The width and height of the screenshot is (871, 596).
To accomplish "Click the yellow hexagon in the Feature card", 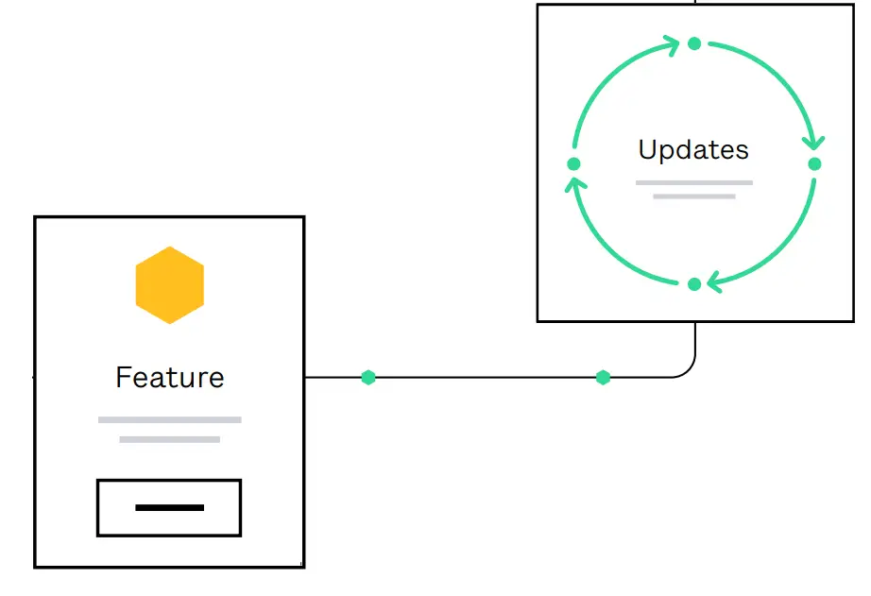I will tap(170, 285).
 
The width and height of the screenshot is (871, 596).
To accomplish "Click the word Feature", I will tap(170, 378).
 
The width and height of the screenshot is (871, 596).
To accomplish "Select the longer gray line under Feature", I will tap(170, 419).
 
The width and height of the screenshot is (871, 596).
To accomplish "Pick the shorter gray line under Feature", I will tap(170, 439).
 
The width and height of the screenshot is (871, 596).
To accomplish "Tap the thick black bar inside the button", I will tap(170, 508).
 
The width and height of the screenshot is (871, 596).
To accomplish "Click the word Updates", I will tap(693, 149).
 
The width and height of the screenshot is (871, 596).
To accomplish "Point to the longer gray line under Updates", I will tap(693, 182).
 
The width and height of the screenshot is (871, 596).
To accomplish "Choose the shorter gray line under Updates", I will tap(693, 196).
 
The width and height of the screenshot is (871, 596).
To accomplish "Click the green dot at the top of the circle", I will tap(694, 43).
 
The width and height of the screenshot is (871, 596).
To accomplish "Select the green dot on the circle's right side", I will tap(814, 163).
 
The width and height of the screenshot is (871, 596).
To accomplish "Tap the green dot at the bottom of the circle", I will tap(694, 284).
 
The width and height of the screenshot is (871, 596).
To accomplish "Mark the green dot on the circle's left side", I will tap(573, 163).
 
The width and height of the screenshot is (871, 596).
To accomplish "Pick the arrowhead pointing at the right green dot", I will tap(813, 142).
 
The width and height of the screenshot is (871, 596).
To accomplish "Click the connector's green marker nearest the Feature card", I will tap(368, 378).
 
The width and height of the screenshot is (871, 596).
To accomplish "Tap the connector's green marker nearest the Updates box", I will tap(603, 378).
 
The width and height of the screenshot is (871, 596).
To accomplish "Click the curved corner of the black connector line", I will tap(689, 370).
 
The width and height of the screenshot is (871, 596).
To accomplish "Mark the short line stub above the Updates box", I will tap(695, 2).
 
